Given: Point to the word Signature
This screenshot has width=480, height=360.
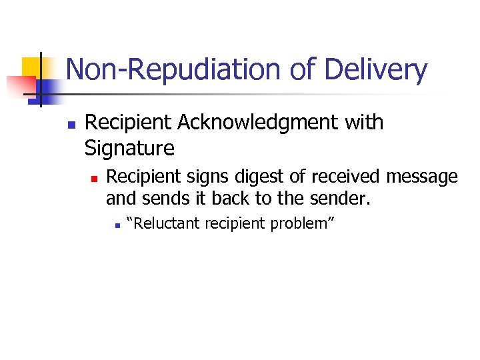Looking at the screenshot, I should pyautogui.click(x=129, y=147).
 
